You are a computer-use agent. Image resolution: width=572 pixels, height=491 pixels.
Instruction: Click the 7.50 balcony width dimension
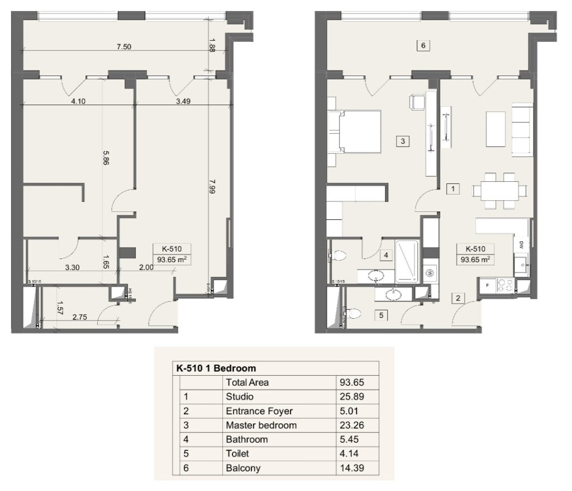[123, 47]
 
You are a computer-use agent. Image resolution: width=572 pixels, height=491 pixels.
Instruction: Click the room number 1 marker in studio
[454, 189]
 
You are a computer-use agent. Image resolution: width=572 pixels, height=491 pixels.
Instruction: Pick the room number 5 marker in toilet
[382, 315]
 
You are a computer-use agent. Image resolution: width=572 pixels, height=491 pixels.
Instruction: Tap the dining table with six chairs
[499, 191]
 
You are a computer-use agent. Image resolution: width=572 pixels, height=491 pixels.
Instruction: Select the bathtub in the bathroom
[407, 261]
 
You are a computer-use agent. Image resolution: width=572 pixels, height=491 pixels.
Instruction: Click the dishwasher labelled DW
[521, 244]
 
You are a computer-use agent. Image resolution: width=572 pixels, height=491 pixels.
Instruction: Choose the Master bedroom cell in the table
[261, 426]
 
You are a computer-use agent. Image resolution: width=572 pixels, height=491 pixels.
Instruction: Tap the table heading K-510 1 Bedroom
[216, 369]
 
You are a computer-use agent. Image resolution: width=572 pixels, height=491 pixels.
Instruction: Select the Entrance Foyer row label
[259, 411]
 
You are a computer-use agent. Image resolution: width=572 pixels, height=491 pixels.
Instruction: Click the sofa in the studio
[522, 129]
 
